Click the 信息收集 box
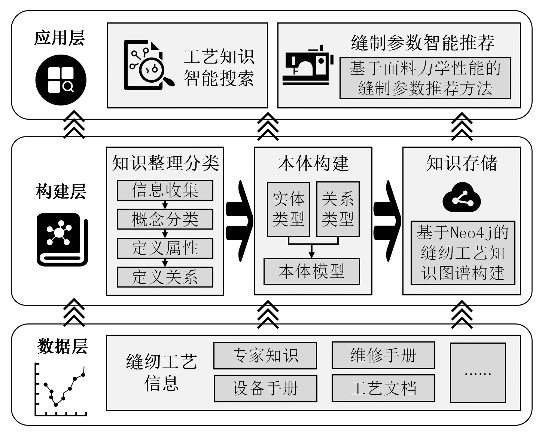point(165,190)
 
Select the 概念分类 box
point(165,219)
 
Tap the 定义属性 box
point(165,248)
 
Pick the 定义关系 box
point(165,277)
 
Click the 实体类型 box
point(288,209)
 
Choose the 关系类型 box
point(338,209)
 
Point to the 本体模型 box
point(311,271)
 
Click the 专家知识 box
point(265,355)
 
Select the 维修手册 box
point(383,355)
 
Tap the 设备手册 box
point(265,388)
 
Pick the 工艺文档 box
point(383,388)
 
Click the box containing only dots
point(478,373)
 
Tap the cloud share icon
point(461,198)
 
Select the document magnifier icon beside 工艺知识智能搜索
point(148,65)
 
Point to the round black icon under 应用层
point(61,80)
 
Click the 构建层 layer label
point(61,191)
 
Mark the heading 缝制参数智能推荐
point(423,43)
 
